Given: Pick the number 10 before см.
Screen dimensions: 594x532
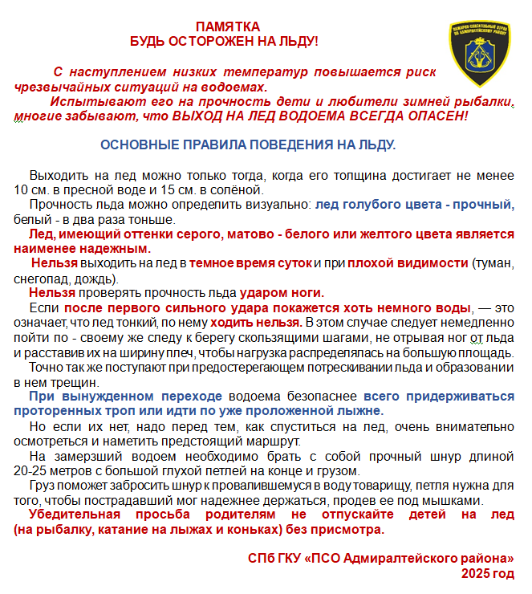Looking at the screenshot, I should pyautogui.click(x=22, y=190).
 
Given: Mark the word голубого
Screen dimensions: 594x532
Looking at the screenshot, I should pyautogui.click(x=371, y=205).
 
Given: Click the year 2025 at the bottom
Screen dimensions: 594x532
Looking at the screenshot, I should pyautogui.click(x=477, y=572).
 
